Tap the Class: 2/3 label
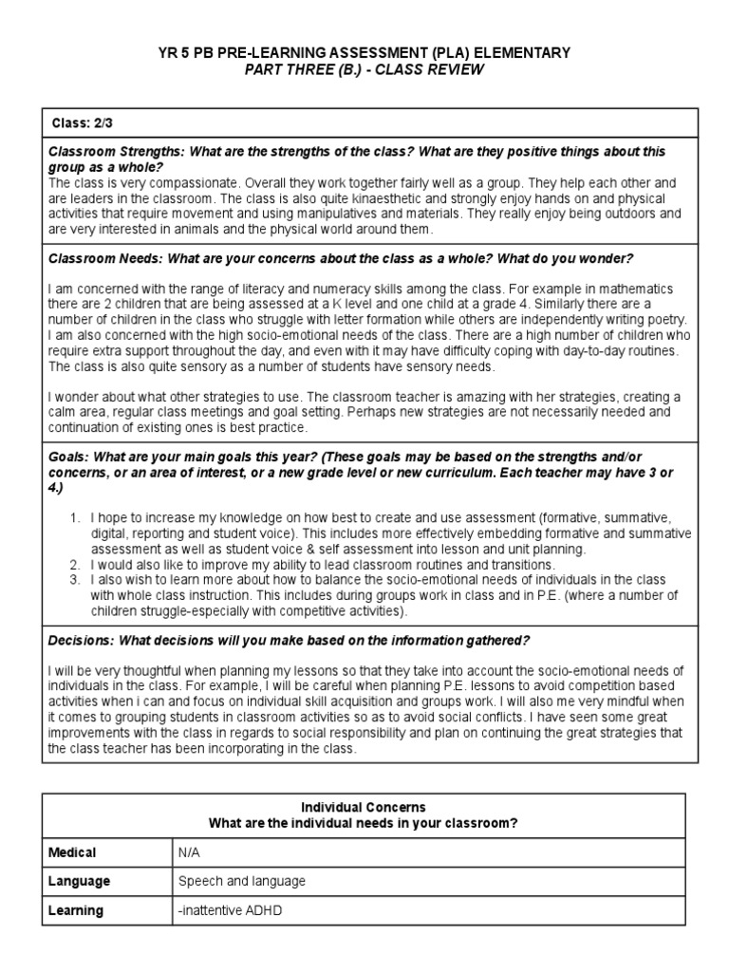coord(82,123)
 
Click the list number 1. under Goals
coord(75,518)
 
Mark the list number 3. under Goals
coord(75,579)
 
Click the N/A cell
coord(190,852)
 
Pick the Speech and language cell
coord(242,881)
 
